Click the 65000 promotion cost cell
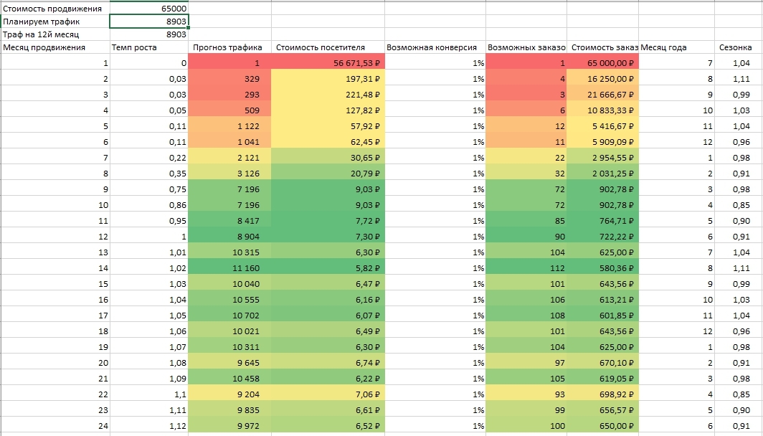click(149, 9)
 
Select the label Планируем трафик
click(42, 22)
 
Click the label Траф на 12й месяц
click(41, 34)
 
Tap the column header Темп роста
click(134, 47)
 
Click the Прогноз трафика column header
click(227, 47)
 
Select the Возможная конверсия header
click(432, 47)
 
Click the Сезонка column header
click(735, 47)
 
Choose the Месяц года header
click(664, 47)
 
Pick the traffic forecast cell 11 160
click(229, 267)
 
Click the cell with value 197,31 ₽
click(328, 78)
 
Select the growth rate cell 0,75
click(149, 189)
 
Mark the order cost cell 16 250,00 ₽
click(603, 78)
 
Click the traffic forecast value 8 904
click(229, 236)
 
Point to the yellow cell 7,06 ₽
click(328, 394)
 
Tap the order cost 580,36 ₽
click(603, 267)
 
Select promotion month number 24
click(103, 426)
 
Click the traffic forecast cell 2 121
click(229, 157)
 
